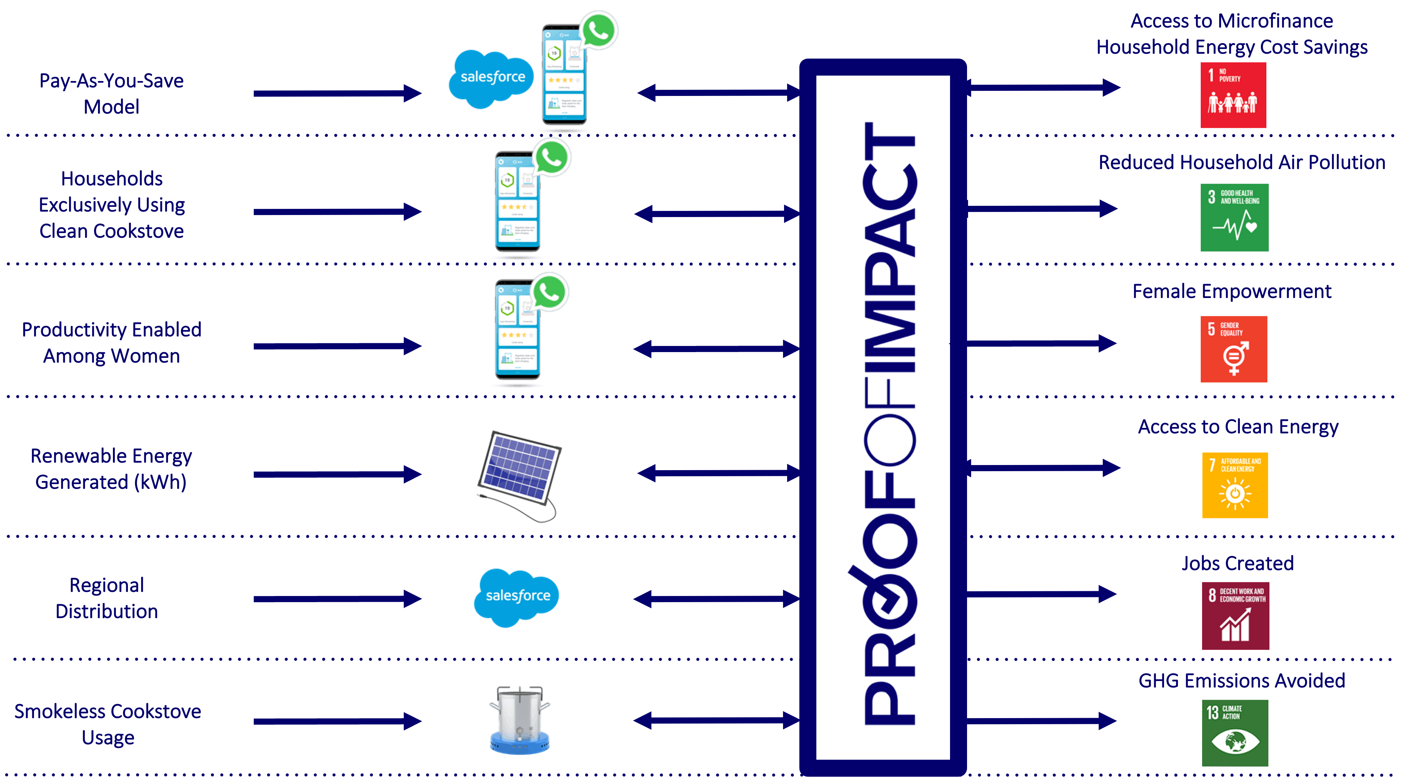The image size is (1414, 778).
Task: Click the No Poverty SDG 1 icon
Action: pyautogui.click(x=1233, y=95)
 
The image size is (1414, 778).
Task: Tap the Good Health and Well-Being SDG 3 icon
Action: pyautogui.click(x=1234, y=217)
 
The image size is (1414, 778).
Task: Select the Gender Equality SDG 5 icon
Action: pyautogui.click(x=1233, y=349)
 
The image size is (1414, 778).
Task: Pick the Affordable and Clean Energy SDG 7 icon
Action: pyautogui.click(x=1234, y=485)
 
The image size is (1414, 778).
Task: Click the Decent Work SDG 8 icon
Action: pyautogui.click(x=1235, y=615)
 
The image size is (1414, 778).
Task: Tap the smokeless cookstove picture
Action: pyautogui.click(x=519, y=719)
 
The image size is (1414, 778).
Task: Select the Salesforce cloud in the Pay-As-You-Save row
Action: pyautogui.click(x=491, y=79)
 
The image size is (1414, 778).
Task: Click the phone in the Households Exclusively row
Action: pyautogui.click(x=517, y=203)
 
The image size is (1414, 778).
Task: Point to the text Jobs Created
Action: pyautogui.click(x=1237, y=563)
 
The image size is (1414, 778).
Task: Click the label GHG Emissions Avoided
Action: pyautogui.click(x=1242, y=681)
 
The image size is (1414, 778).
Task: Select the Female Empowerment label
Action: pyautogui.click(x=1232, y=292)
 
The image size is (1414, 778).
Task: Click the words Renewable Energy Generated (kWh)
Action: pyautogui.click(x=111, y=469)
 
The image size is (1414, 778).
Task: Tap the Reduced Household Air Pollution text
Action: pyautogui.click(x=1242, y=163)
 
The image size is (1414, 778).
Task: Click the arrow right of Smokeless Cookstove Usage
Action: pyautogui.click(x=337, y=721)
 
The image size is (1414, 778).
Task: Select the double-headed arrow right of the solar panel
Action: pyautogui.click(x=718, y=473)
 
